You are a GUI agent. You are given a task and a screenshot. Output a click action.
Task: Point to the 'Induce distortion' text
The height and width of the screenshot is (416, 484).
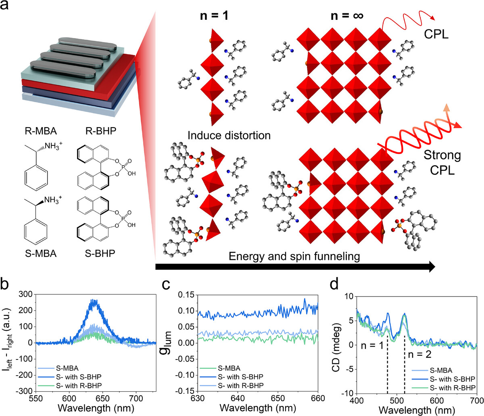[229, 135]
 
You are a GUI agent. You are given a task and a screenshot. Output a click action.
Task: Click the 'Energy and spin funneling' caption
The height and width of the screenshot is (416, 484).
[294, 256]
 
